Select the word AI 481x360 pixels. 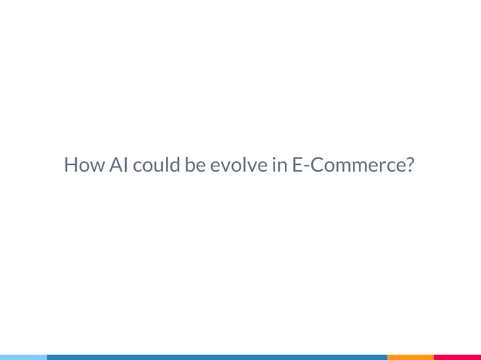click(x=118, y=165)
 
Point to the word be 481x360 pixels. click(x=195, y=165)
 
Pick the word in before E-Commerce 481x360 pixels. click(x=276, y=165)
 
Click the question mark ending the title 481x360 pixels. click(x=409, y=165)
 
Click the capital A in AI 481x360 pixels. click(x=113, y=165)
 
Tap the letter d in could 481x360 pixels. click(x=173, y=165)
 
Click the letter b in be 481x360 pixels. click(x=189, y=165)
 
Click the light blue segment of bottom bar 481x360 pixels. click(x=23, y=357)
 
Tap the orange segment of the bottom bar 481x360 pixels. click(x=410, y=357)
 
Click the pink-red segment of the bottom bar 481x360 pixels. click(x=457, y=357)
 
